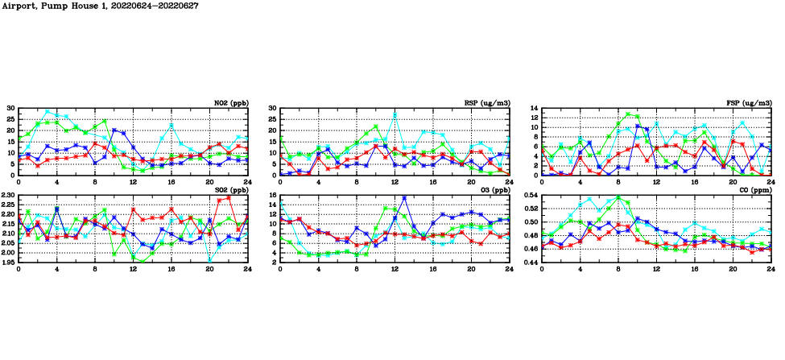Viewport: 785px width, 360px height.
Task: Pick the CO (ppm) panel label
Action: (x=755, y=190)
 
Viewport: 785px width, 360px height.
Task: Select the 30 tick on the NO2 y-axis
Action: (x=11, y=108)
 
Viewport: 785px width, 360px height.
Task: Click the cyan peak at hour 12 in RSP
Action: (x=395, y=114)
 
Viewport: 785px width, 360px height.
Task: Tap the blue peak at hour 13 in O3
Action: (x=404, y=197)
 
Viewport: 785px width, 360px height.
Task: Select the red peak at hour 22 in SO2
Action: (x=229, y=197)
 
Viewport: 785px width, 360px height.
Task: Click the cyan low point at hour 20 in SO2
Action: (x=210, y=260)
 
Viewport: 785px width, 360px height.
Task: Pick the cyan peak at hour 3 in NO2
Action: (x=48, y=111)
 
